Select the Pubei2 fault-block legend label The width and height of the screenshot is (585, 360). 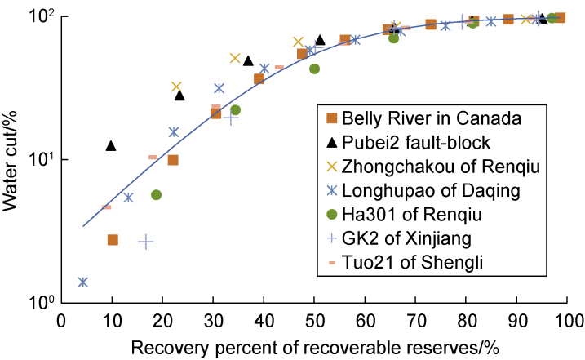point(416,143)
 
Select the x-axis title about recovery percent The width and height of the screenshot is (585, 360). point(314,346)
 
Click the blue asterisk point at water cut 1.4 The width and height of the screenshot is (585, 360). point(82,282)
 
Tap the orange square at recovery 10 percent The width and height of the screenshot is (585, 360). point(113,240)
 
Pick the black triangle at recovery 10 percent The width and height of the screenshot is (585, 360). point(111,146)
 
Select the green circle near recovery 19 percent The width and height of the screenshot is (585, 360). point(156,195)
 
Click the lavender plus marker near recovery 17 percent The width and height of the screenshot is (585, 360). point(145,242)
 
